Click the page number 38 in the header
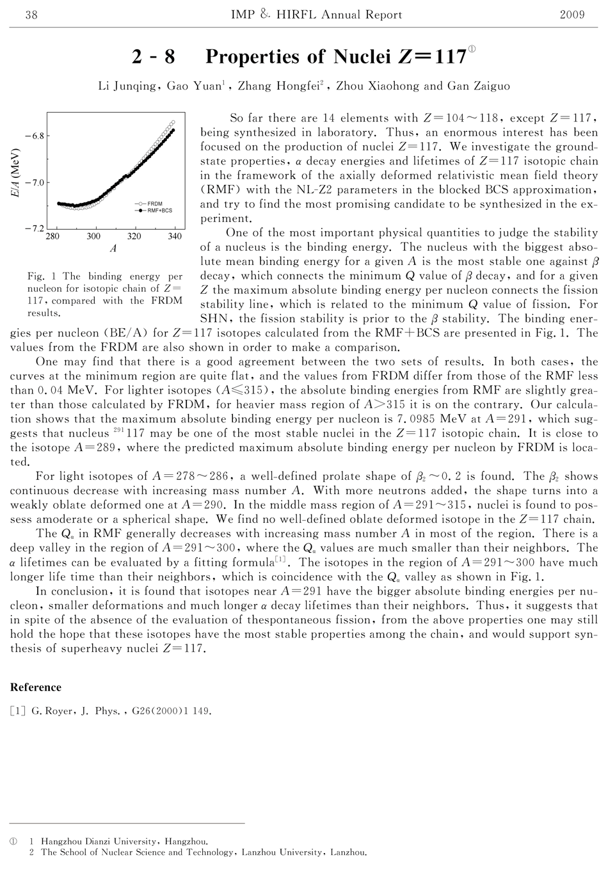(31, 15)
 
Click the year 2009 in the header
(572, 15)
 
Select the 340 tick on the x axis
(174, 237)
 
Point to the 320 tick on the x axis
(134, 237)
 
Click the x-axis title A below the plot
(113, 249)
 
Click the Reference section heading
(36, 688)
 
